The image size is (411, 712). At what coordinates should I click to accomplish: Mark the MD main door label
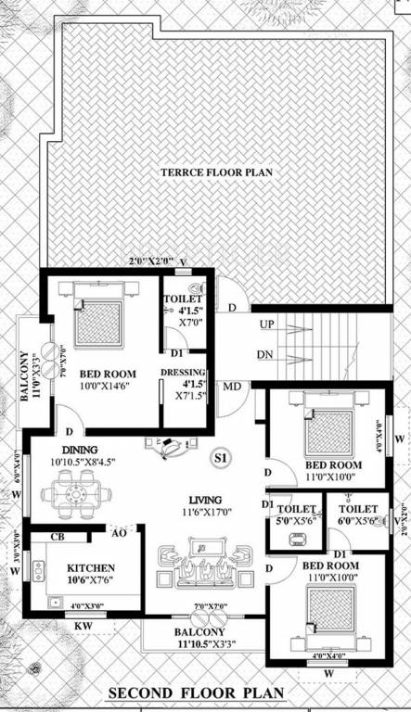point(232,386)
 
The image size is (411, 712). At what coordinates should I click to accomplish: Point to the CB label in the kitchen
point(57,537)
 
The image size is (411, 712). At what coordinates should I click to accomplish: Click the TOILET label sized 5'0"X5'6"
point(295,509)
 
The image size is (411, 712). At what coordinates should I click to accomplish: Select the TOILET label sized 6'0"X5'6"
point(356,509)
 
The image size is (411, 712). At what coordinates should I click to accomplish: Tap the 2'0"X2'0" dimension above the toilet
point(148,262)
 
